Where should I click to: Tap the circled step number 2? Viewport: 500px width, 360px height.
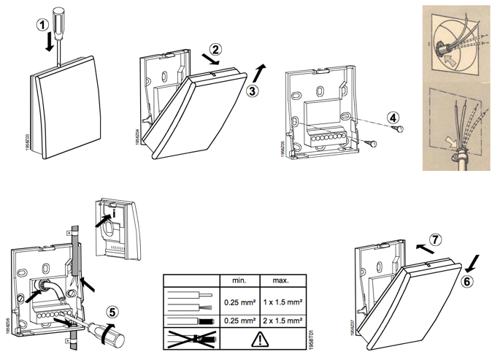point(214,50)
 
